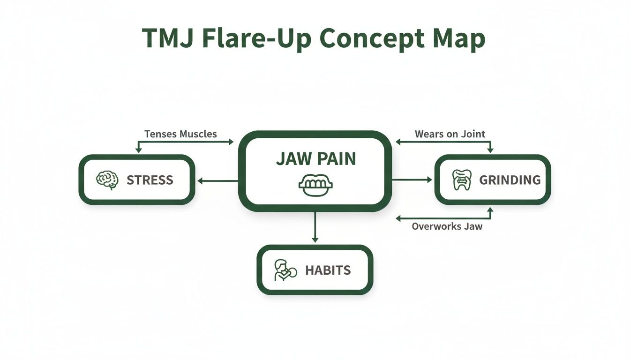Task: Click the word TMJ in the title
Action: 168,38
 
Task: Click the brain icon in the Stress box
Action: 107,180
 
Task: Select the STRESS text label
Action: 150,180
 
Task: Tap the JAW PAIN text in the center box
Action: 315,159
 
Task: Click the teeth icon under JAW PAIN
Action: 315,185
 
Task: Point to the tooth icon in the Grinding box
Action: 461,180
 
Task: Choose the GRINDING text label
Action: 510,180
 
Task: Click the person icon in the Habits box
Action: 284,270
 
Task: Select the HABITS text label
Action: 328,270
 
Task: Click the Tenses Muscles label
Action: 180,134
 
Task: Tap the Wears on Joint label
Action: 450,134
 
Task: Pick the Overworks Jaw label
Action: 447,226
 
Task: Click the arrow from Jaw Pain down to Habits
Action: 315,227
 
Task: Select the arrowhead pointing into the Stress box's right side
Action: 200,180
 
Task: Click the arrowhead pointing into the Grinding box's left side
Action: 428,180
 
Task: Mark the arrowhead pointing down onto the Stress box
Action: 138,150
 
